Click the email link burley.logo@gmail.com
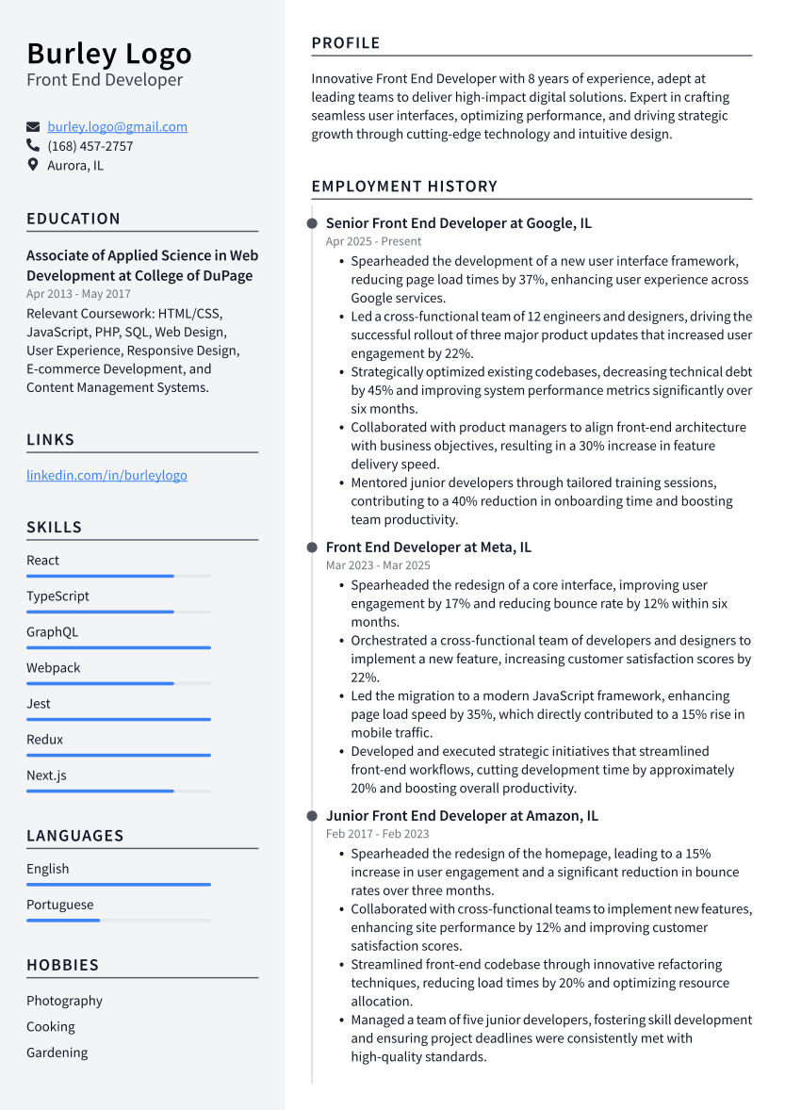[117, 126]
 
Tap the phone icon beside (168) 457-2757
[33, 146]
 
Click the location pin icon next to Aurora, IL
[33, 165]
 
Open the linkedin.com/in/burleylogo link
[106, 475]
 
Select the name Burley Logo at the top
[108, 53]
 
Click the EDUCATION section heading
[74, 219]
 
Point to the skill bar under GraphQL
[118, 647]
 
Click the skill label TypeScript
[57, 596]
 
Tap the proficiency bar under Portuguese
[63, 920]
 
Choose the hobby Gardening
[57, 1053]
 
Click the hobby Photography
[64, 1001]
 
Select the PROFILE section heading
[346, 43]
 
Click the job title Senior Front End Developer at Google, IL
[458, 223]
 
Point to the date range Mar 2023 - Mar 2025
[378, 565]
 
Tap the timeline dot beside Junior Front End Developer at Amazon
[312, 816]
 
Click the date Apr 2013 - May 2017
[78, 294]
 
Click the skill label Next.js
[46, 775]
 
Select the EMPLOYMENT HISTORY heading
[404, 187]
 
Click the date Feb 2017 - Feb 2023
[377, 834]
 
